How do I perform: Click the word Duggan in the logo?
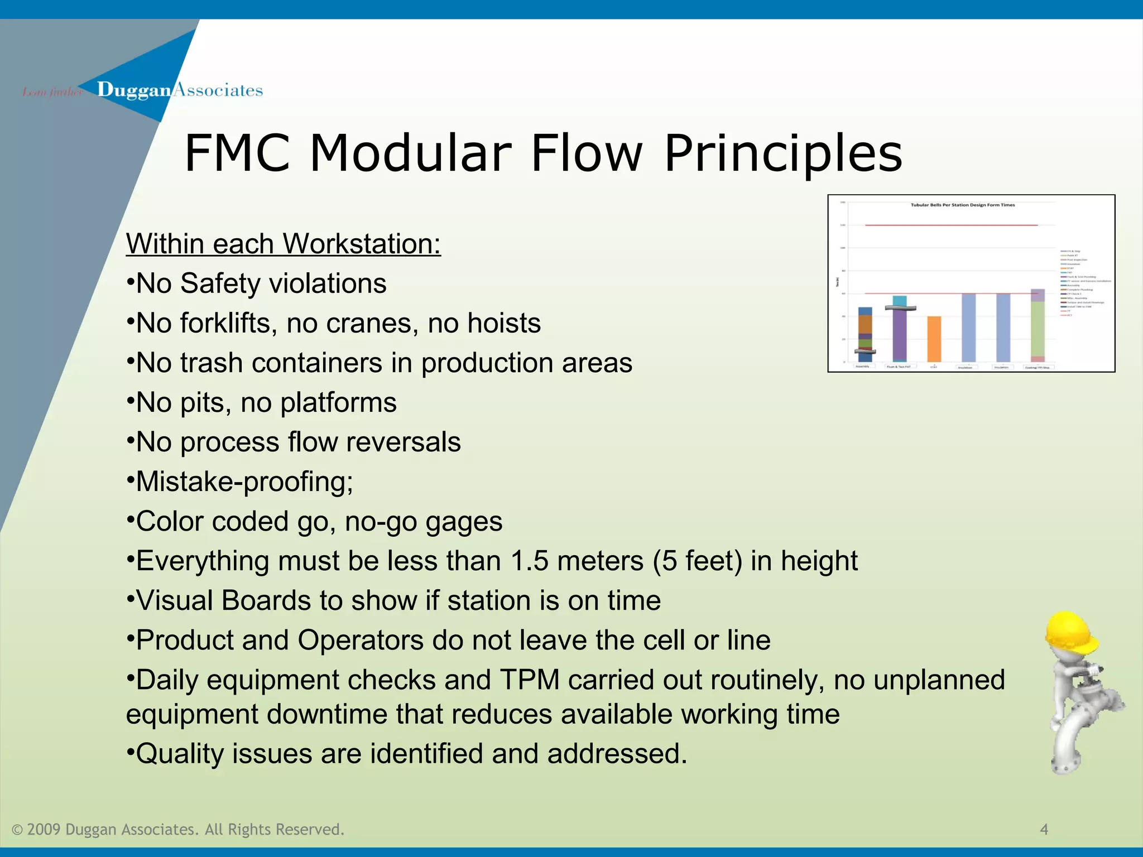133,90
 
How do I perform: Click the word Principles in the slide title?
783,153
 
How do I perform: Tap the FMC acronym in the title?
238,153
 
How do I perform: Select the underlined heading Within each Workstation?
283,244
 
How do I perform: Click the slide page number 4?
1044,830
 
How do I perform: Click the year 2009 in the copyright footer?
44,830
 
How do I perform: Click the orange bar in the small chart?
934,339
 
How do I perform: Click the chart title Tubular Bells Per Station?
963,205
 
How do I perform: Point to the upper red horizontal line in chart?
949,225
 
